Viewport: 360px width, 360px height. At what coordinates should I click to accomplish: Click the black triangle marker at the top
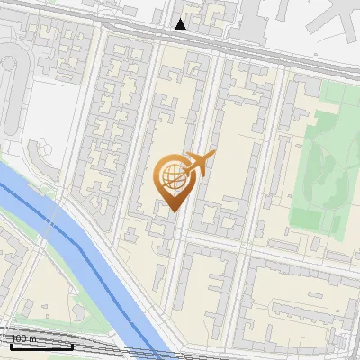coord(181,24)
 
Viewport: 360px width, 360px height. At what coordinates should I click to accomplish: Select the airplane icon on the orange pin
coord(199,164)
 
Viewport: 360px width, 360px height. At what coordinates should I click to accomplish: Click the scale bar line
coord(40,346)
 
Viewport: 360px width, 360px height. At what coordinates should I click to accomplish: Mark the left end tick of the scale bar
coord(11,345)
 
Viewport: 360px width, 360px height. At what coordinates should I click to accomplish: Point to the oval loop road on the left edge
coord(11,81)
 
